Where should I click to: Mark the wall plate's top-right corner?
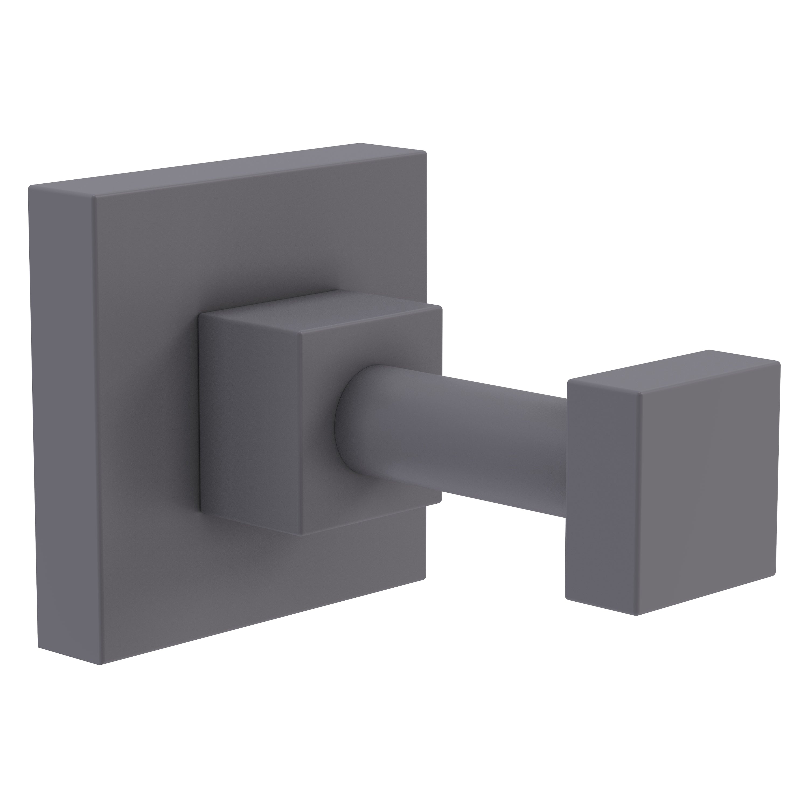425,153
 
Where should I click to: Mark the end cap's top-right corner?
779,363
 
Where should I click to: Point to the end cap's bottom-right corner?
775,575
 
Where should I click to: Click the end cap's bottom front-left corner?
635,615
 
